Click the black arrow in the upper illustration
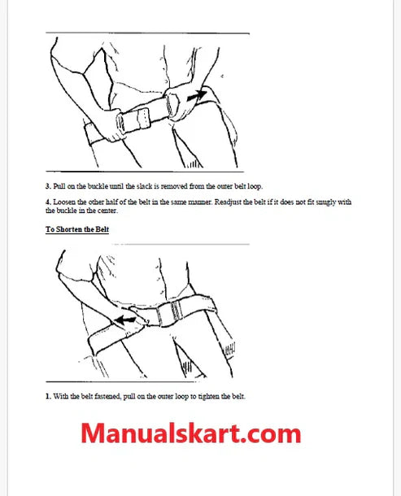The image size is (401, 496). pos(197,95)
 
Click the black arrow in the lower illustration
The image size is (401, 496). pos(125,320)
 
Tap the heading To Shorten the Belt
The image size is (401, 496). pos(77,229)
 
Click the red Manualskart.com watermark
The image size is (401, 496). pos(191,433)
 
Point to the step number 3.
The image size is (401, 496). pos(48,186)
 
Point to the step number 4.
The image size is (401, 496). pos(48,202)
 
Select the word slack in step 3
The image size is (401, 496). pos(144,186)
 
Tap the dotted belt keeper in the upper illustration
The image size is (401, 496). pos(143,119)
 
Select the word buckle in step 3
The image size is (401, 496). pos(98,186)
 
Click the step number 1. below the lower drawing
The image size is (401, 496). pos(48,396)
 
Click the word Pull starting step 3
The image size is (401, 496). pos(59,186)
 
